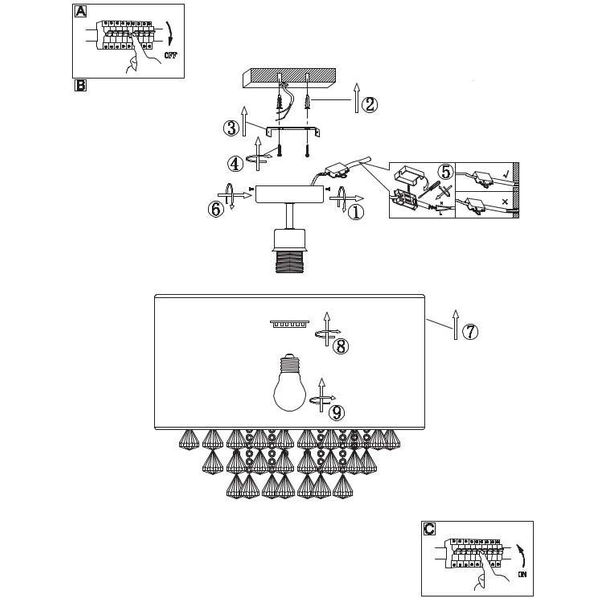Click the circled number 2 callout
tap(370, 103)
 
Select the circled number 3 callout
tap(231, 128)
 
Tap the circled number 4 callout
tap(234, 162)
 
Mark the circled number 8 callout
tap(340, 347)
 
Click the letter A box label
tap(81, 11)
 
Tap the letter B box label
tap(81, 86)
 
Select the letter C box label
tap(428, 528)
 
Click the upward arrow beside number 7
tap(455, 326)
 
